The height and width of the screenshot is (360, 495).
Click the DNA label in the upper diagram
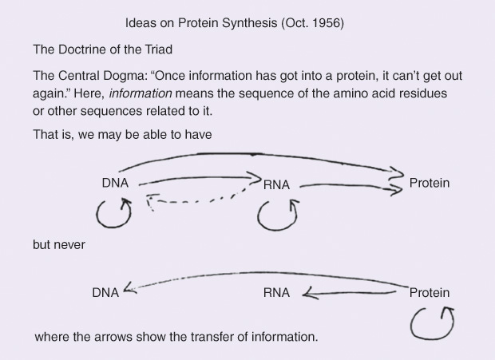point(115,183)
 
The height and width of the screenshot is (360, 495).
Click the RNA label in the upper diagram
point(276,185)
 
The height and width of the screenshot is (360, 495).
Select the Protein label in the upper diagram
point(429,183)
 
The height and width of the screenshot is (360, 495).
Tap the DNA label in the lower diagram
point(105,293)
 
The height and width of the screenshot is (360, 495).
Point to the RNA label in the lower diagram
point(276,293)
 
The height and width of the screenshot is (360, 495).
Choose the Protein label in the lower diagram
point(429,293)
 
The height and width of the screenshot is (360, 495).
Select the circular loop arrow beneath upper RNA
point(279,215)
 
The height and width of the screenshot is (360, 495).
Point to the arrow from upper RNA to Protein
point(351,187)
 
